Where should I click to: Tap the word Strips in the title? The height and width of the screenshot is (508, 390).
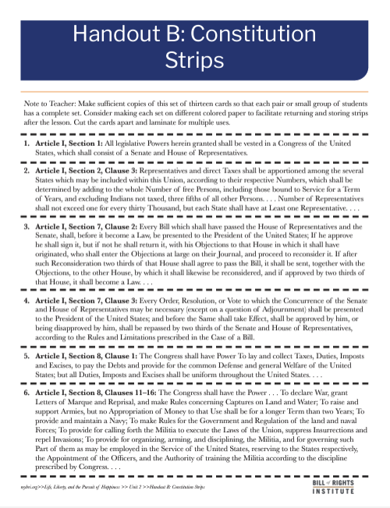click(x=194, y=61)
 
